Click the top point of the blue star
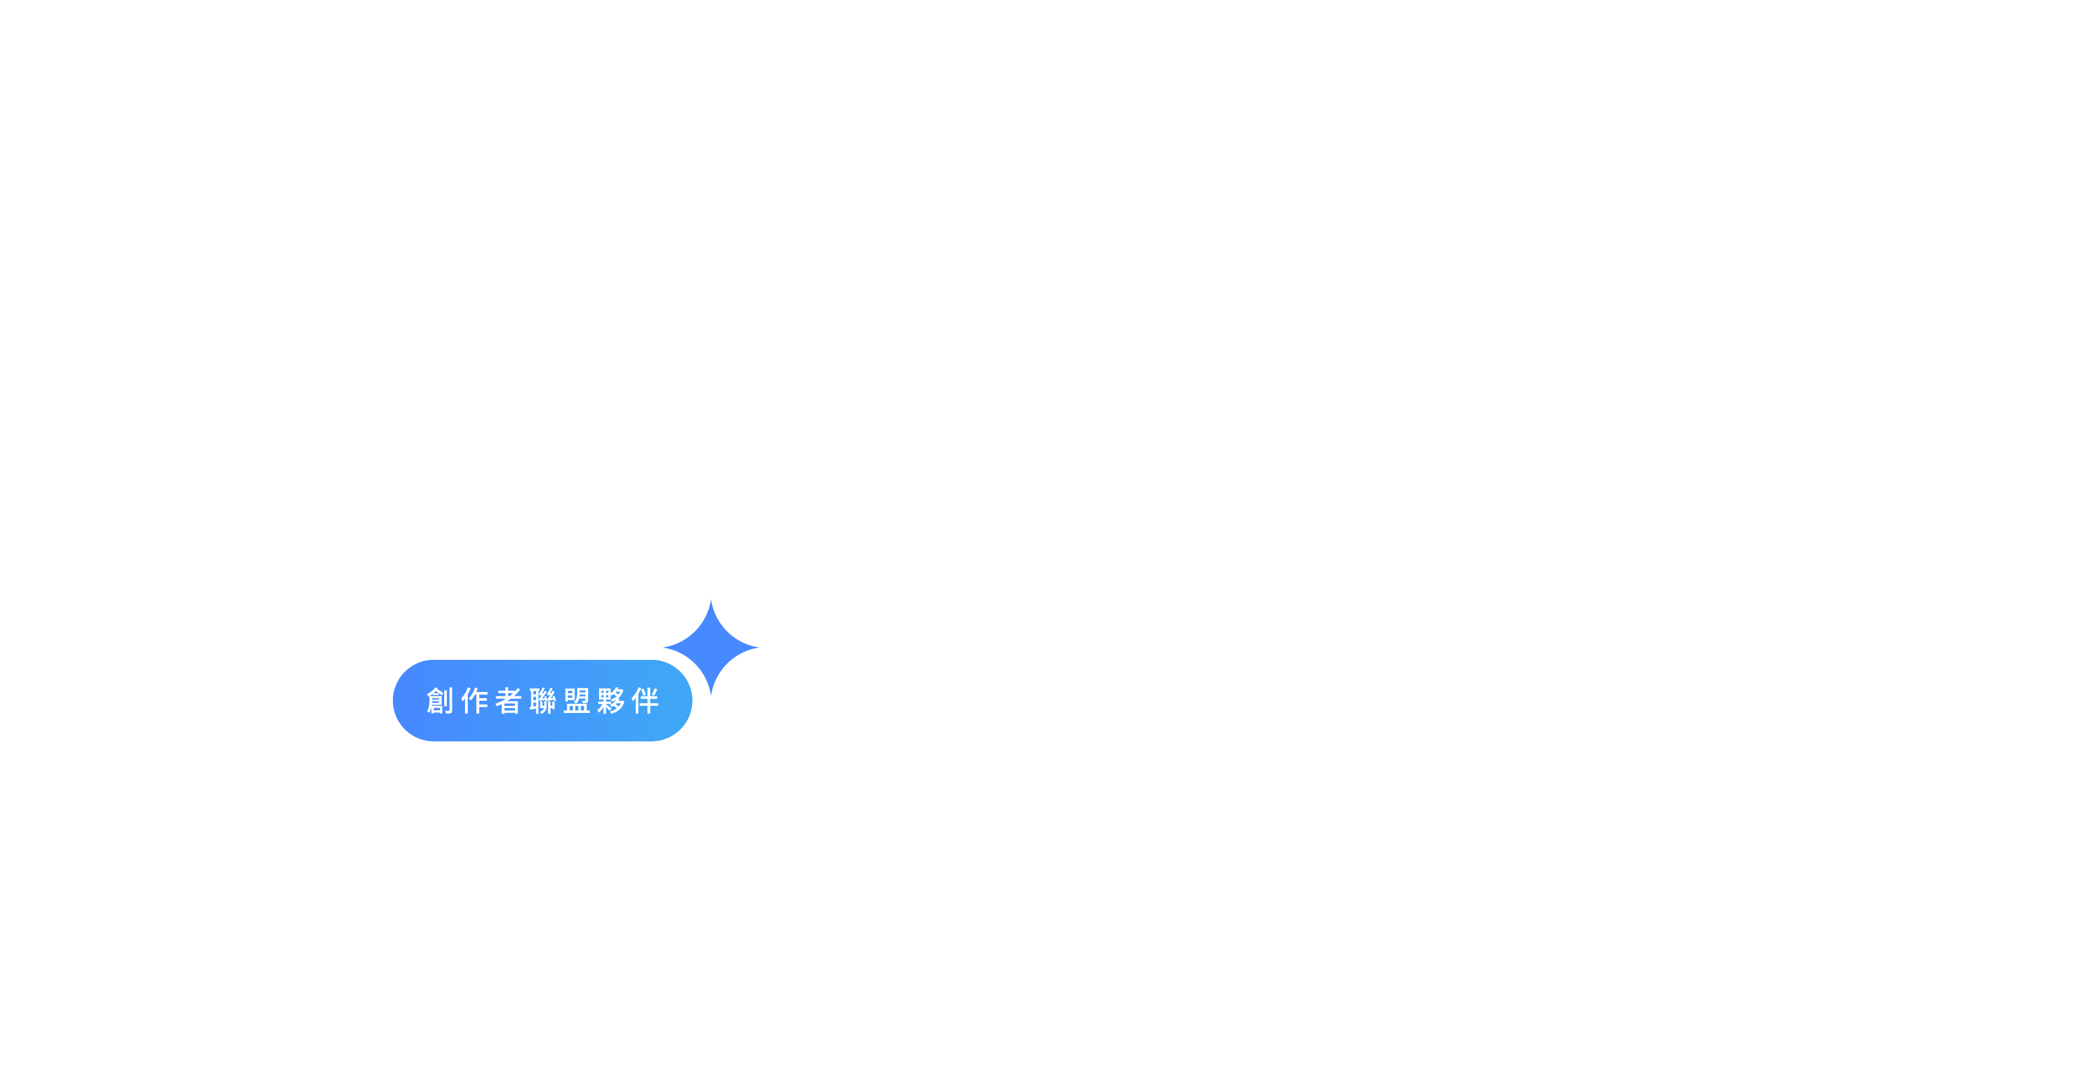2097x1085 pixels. [711, 603]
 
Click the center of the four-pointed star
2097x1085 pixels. [711, 648]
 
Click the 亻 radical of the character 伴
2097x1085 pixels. [636, 701]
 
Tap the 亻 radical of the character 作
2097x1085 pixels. [465, 701]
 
